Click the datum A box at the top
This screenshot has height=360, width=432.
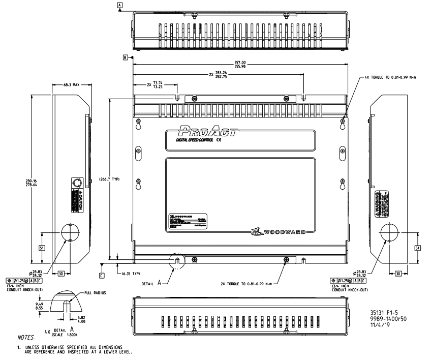(120, 5)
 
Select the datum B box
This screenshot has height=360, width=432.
(125, 58)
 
